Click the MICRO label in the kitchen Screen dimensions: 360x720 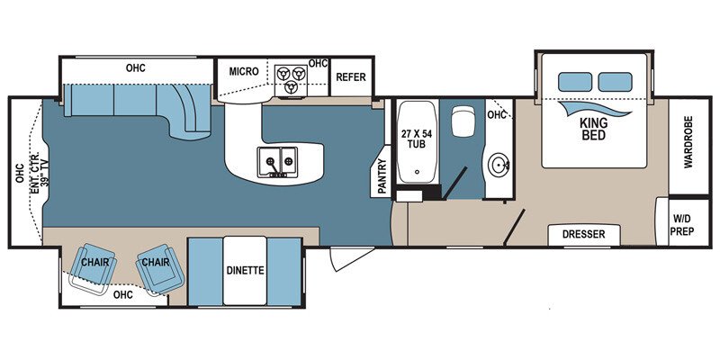[244, 71]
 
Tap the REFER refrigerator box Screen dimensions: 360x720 [351, 76]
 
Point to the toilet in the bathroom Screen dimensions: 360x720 [463, 124]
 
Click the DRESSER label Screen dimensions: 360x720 [584, 235]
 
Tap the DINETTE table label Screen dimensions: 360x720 [245, 269]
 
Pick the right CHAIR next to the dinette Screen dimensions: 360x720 [153, 263]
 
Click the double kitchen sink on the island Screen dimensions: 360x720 [277, 162]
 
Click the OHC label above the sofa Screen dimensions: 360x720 [136, 68]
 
